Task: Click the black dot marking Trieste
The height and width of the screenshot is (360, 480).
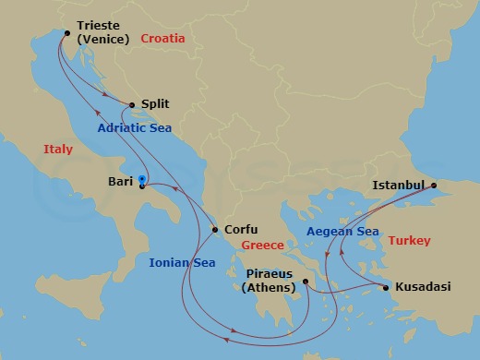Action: (x=66, y=33)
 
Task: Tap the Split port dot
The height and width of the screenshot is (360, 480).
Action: (x=133, y=105)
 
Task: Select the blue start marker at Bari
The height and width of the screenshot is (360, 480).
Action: (x=141, y=180)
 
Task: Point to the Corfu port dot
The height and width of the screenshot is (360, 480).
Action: (x=215, y=230)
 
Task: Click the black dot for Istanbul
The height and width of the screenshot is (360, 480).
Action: (x=436, y=194)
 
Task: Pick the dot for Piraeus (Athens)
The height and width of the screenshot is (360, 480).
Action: (x=306, y=282)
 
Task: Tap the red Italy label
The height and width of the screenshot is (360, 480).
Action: (x=58, y=149)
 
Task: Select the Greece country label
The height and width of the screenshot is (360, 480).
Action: (x=262, y=245)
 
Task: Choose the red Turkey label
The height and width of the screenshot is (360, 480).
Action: (x=409, y=240)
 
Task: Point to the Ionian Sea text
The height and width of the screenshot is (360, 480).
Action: (x=181, y=264)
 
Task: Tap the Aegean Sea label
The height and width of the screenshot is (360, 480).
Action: (x=342, y=231)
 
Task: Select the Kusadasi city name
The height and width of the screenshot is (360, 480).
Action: (x=423, y=287)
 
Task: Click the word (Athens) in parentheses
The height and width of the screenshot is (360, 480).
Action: (x=269, y=288)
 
